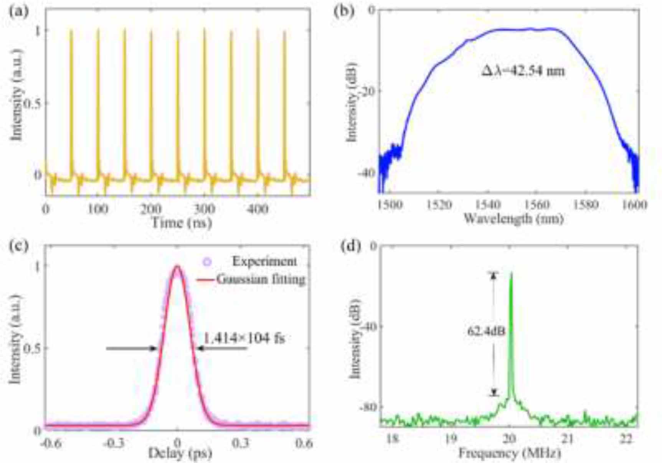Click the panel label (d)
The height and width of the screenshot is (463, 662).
coord(351,246)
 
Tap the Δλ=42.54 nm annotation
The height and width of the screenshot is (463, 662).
coord(523,71)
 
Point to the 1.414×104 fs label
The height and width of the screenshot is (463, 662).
coord(244,338)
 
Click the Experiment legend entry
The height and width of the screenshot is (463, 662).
coord(264,262)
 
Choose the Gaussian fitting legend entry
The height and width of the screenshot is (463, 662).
coord(261,279)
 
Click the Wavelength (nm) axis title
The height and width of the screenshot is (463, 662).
coord(513,219)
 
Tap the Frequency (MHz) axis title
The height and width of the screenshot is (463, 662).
coord(509,454)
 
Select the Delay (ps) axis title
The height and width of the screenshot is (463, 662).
coord(180,454)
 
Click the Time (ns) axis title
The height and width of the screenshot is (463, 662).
coord(182,222)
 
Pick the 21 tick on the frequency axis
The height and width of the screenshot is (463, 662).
coord(567,439)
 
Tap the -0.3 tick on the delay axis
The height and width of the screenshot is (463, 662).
coord(114,443)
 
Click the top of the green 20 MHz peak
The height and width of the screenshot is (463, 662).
coord(511,273)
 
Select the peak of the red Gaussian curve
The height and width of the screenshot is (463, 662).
coord(177,266)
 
